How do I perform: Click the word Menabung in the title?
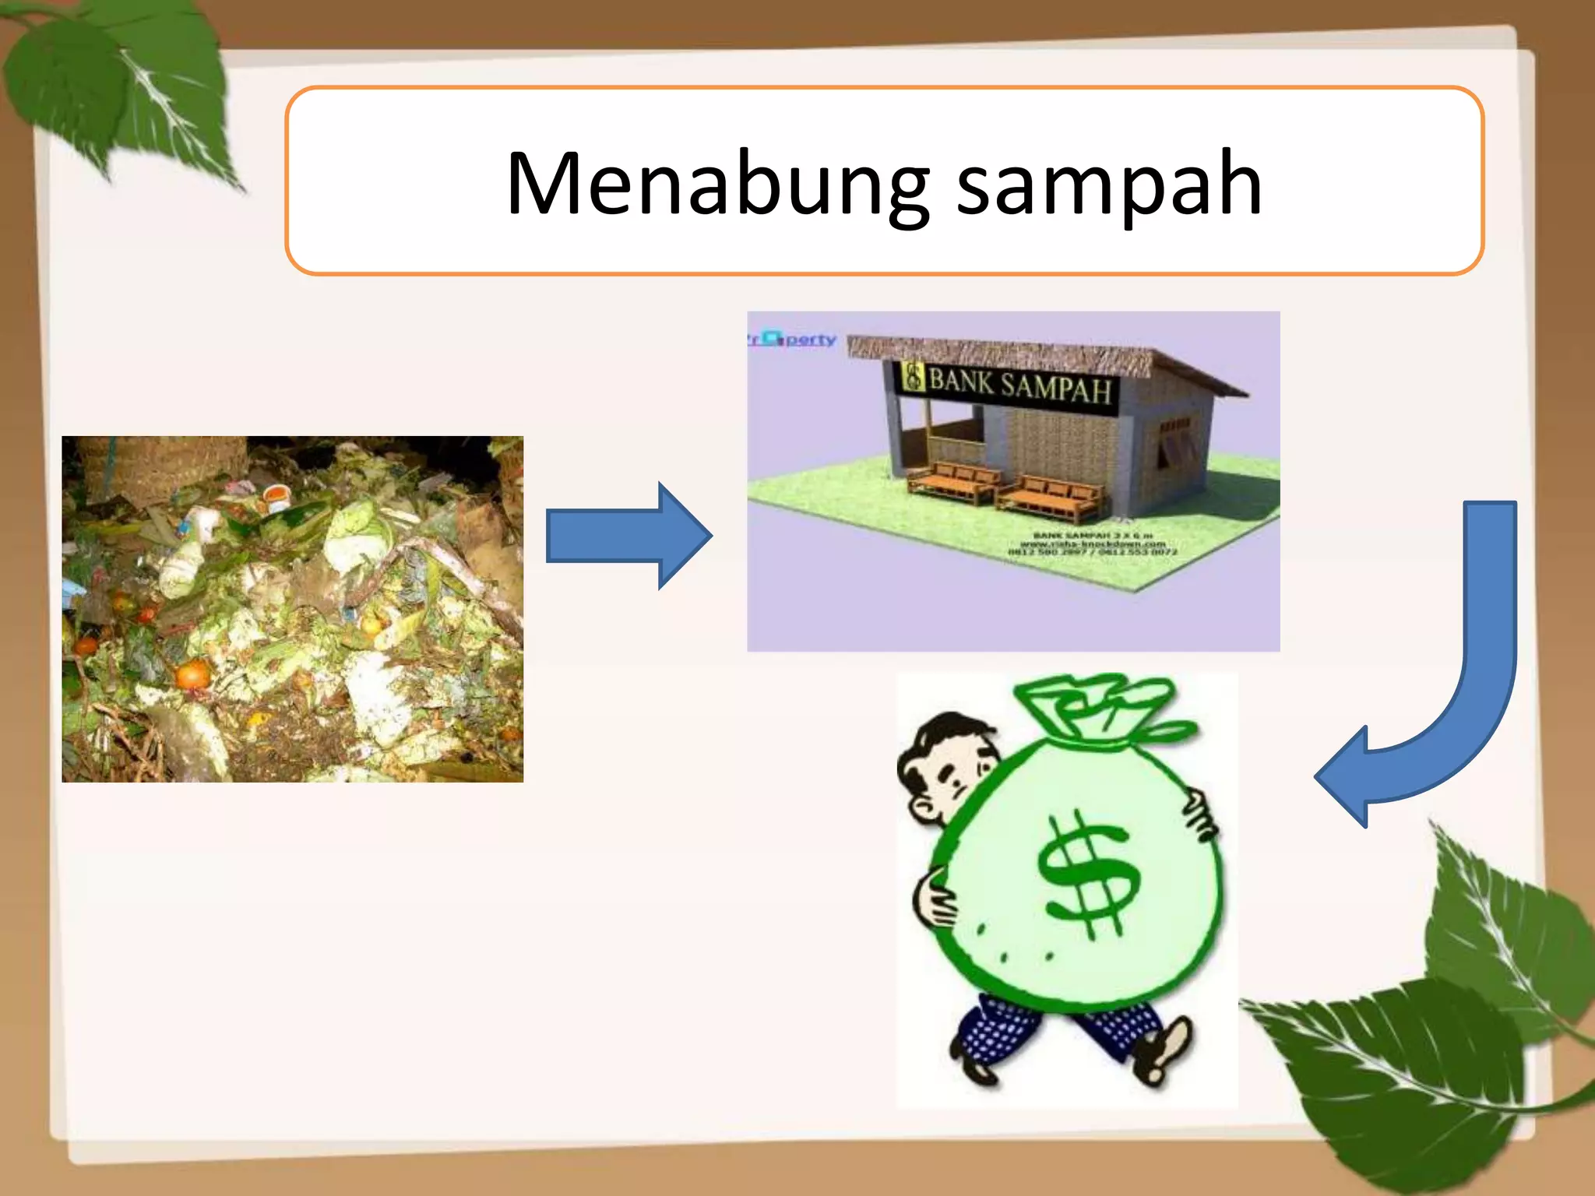pos(717,184)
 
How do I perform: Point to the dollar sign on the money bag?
pos(1086,872)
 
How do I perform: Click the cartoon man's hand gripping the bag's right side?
pos(1199,814)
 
